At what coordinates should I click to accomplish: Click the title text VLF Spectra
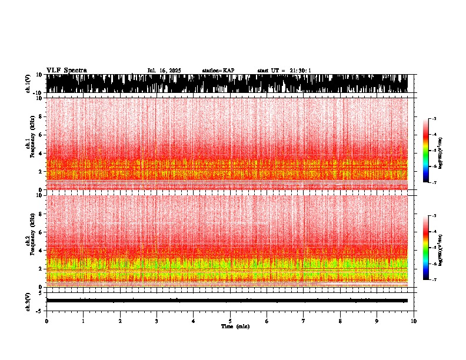click(66, 71)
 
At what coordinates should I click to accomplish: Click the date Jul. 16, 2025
click(164, 71)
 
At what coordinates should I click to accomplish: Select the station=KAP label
click(218, 71)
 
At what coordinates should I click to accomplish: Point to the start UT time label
click(284, 71)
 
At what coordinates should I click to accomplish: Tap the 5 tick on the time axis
click(230, 321)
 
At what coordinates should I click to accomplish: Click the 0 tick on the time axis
click(46, 321)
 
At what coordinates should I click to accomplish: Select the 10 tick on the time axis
click(414, 321)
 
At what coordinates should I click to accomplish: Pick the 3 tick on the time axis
click(157, 321)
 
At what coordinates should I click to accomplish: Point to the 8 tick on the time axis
click(340, 321)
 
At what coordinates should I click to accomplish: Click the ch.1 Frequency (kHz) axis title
click(30, 144)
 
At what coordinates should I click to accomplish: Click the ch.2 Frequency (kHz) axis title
click(30, 240)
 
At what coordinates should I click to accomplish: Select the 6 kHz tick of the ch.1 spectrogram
click(40, 135)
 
